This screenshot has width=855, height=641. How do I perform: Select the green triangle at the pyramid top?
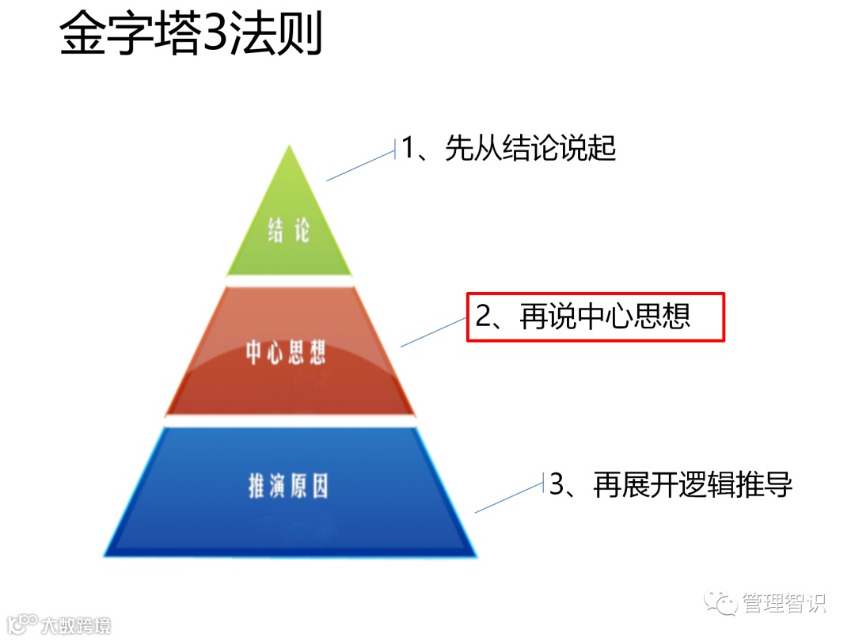[289, 222]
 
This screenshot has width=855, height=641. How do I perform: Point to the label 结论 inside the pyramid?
[288, 232]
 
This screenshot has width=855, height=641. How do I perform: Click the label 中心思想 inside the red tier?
[286, 353]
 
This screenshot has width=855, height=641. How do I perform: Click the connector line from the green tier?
[360, 166]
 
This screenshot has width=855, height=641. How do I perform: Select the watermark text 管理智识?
[784, 603]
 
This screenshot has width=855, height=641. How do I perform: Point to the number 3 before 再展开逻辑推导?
[557, 484]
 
